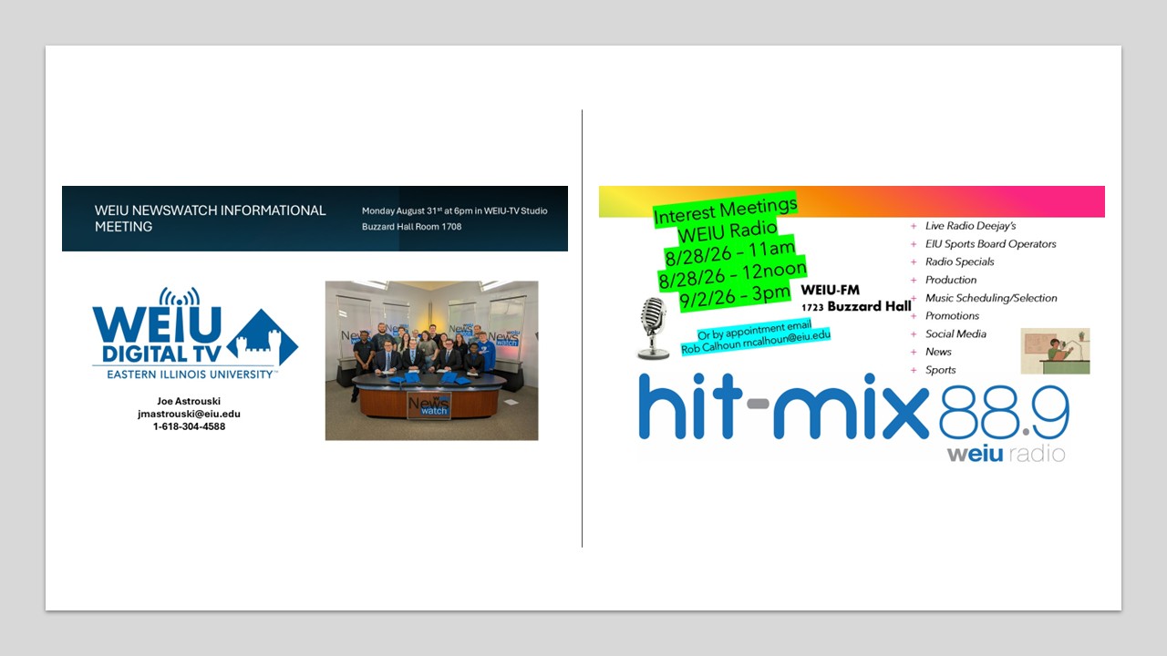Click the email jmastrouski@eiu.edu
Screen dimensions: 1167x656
pos(189,414)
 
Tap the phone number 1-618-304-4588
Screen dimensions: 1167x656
pos(189,426)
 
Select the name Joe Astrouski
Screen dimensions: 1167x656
pos(189,401)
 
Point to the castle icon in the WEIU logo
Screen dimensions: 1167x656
pos(262,338)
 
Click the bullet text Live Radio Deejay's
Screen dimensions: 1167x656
pos(971,226)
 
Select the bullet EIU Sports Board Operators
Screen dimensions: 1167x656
pos(990,243)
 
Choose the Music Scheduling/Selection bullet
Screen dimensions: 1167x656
pos(991,298)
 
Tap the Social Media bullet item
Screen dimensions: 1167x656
pos(955,333)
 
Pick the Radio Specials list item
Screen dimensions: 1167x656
pos(960,261)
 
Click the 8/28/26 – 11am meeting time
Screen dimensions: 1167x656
pos(730,252)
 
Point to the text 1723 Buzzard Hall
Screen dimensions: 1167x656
pos(856,307)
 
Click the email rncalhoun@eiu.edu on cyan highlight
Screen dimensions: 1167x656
pos(787,339)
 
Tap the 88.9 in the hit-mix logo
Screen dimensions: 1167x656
pos(1004,413)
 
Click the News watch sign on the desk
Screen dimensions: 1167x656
pos(429,405)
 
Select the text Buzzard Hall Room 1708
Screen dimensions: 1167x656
pos(411,227)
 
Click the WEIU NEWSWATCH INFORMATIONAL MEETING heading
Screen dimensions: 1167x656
pos(210,218)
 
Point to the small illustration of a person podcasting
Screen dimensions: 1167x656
pos(1055,351)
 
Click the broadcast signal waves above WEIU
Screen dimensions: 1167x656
pos(180,297)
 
